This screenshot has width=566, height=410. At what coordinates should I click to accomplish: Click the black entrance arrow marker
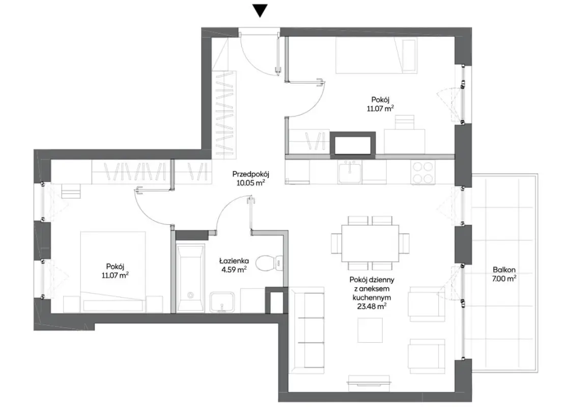pyautogui.click(x=260, y=11)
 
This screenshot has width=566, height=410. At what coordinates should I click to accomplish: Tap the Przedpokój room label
pyautogui.click(x=251, y=174)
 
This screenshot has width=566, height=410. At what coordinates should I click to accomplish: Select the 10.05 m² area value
pyautogui.click(x=251, y=183)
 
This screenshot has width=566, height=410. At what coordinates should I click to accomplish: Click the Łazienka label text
pyautogui.click(x=234, y=260)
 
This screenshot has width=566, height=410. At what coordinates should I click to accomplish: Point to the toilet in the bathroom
pyautogui.click(x=269, y=262)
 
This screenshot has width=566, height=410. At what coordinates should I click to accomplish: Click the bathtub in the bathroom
pyautogui.click(x=190, y=277)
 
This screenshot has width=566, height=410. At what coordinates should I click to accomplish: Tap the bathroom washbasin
pyautogui.click(x=221, y=302)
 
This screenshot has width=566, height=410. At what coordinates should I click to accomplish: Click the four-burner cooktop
pyautogui.click(x=422, y=172)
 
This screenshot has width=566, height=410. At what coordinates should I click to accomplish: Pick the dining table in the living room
pyautogui.click(x=371, y=243)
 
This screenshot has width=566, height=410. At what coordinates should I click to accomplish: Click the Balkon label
pyautogui.click(x=504, y=270)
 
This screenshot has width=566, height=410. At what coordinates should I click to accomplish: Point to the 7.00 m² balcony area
pyautogui.click(x=504, y=278)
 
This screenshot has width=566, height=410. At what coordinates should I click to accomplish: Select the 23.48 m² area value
pyautogui.click(x=372, y=307)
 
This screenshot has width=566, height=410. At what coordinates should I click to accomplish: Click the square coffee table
pyautogui.click(x=370, y=330)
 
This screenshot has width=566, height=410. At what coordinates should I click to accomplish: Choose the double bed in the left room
pyautogui.click(x=113, y=272)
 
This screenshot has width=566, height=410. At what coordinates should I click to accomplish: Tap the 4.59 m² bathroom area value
pyautogui.click(x=234, y=270)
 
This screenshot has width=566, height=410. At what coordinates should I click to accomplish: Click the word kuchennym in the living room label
pyautogui.click(x=372, y=298)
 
